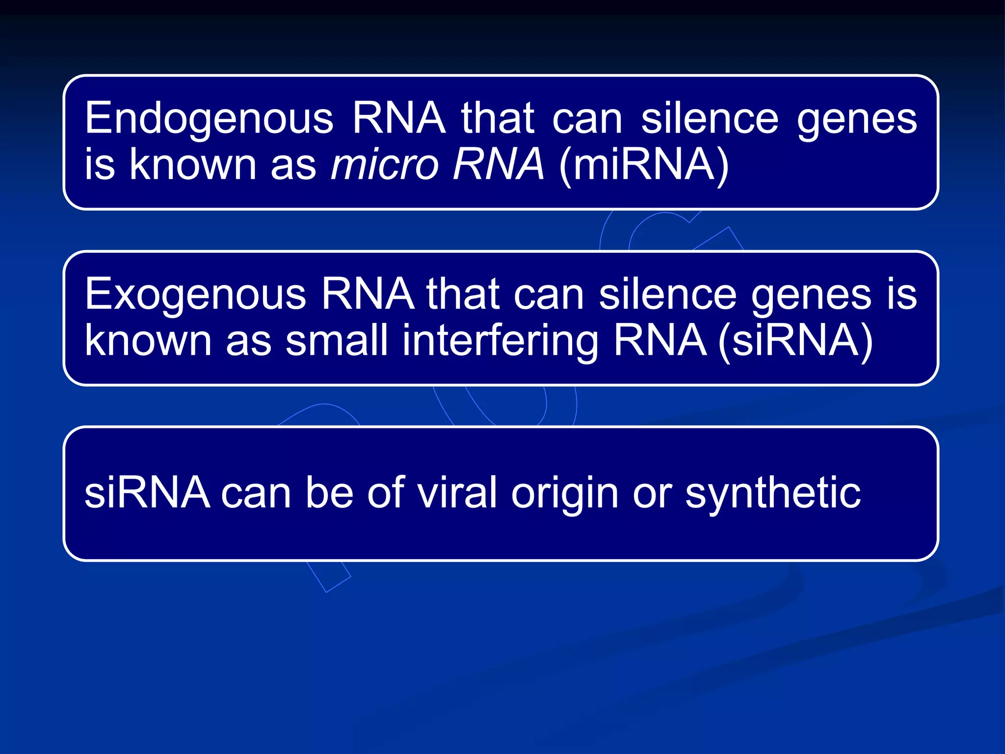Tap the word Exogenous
195,295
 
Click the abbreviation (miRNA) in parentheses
644,165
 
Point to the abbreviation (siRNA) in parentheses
795,341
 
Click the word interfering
500,341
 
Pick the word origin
565,494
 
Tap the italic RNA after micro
498,164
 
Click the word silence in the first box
710,119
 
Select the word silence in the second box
667,295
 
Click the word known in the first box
193,164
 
